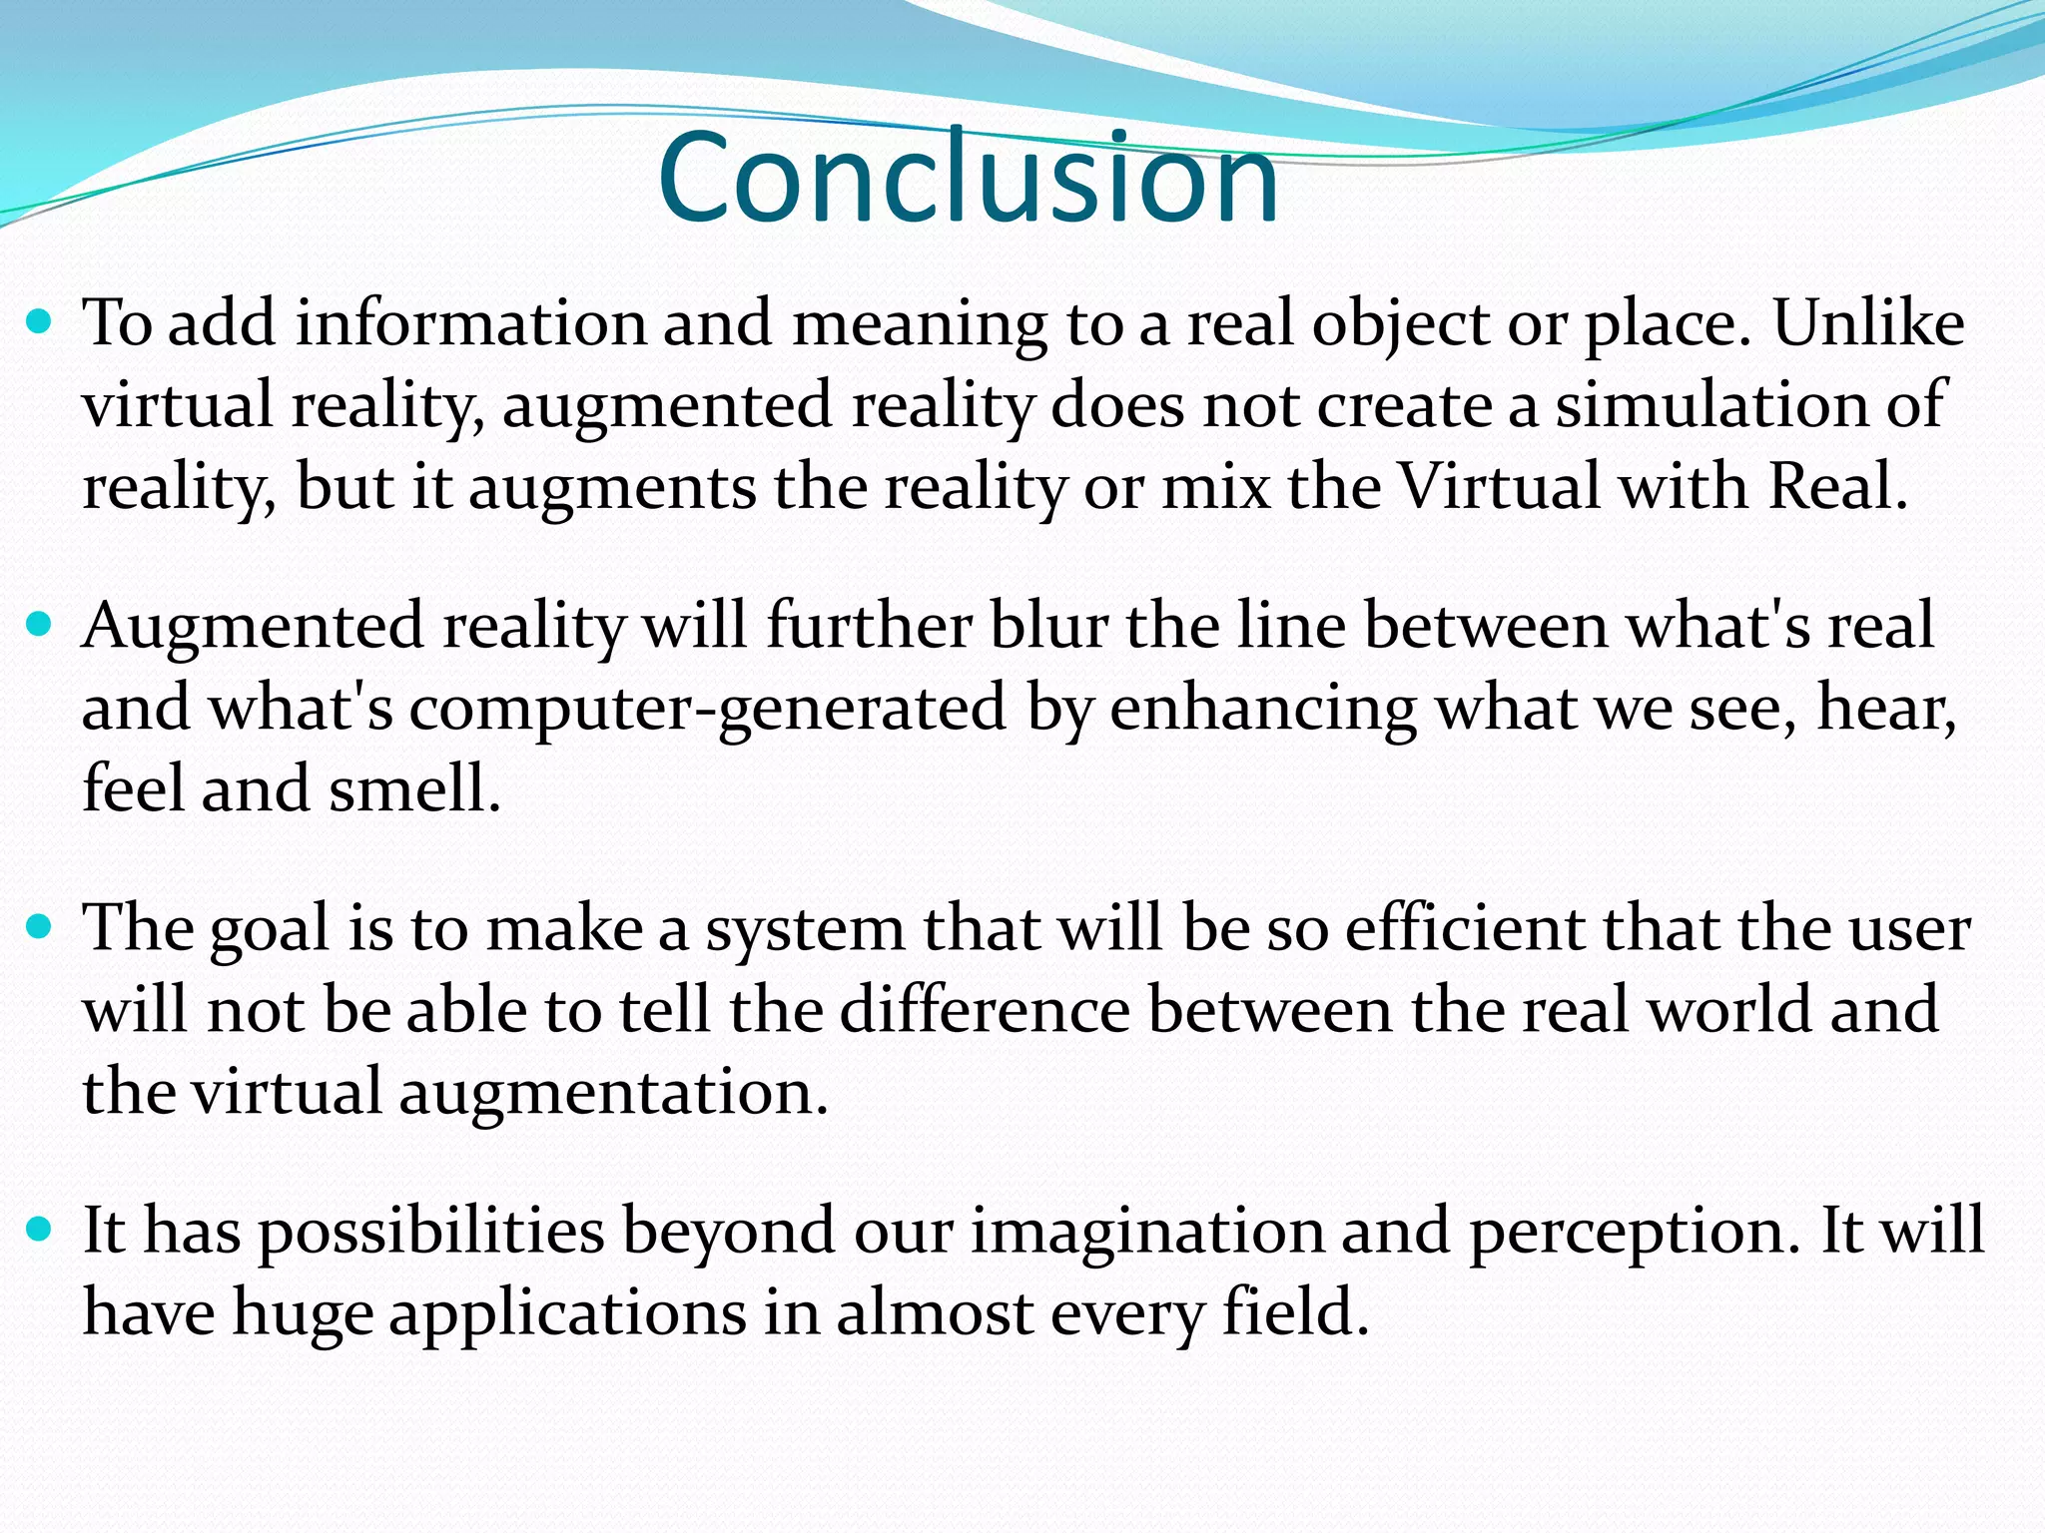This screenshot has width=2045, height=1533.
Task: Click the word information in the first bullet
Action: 470,324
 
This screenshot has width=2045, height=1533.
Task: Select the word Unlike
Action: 1868,324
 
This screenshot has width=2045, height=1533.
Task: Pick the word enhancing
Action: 1263,709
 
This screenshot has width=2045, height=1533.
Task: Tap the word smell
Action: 413,789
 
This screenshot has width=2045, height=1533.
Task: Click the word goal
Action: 269,930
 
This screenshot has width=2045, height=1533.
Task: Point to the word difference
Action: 985,1010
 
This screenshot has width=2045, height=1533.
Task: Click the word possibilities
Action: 432,1232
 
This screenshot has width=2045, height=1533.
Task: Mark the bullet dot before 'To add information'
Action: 40,324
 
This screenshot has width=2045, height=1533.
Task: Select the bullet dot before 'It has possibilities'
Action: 40,1230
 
